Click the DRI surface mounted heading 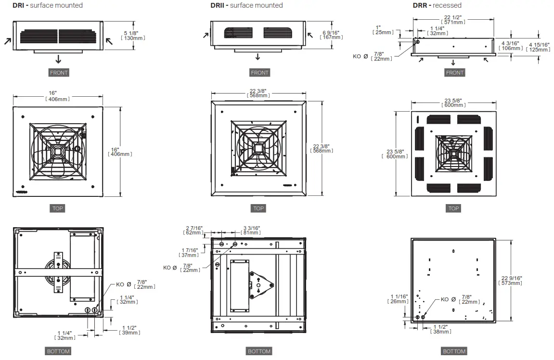(47, 5)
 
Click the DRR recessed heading (437, 5)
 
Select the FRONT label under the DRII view (259, 73)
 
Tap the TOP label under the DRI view (57, 208)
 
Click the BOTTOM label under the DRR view (454, 351)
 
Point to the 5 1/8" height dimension (135, 35)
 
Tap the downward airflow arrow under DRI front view (58, 59)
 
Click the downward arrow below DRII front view (258, 56)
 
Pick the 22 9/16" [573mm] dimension (511, 281)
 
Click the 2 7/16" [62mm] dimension (194, 230)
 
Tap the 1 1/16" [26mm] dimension (399, 299)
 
